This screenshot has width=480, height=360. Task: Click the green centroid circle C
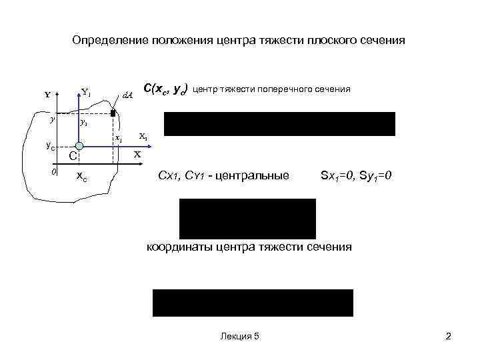(79, 146)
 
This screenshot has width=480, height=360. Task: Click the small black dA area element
(113, 115)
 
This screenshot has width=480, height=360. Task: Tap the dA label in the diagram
(128, 95)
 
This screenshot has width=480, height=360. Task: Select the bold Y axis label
(47, 95)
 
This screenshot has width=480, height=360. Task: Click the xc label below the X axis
(80, 177)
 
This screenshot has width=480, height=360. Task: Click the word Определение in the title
(105, 41)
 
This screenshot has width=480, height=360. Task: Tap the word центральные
(255, 176)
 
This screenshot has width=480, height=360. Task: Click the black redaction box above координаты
(247, 219)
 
